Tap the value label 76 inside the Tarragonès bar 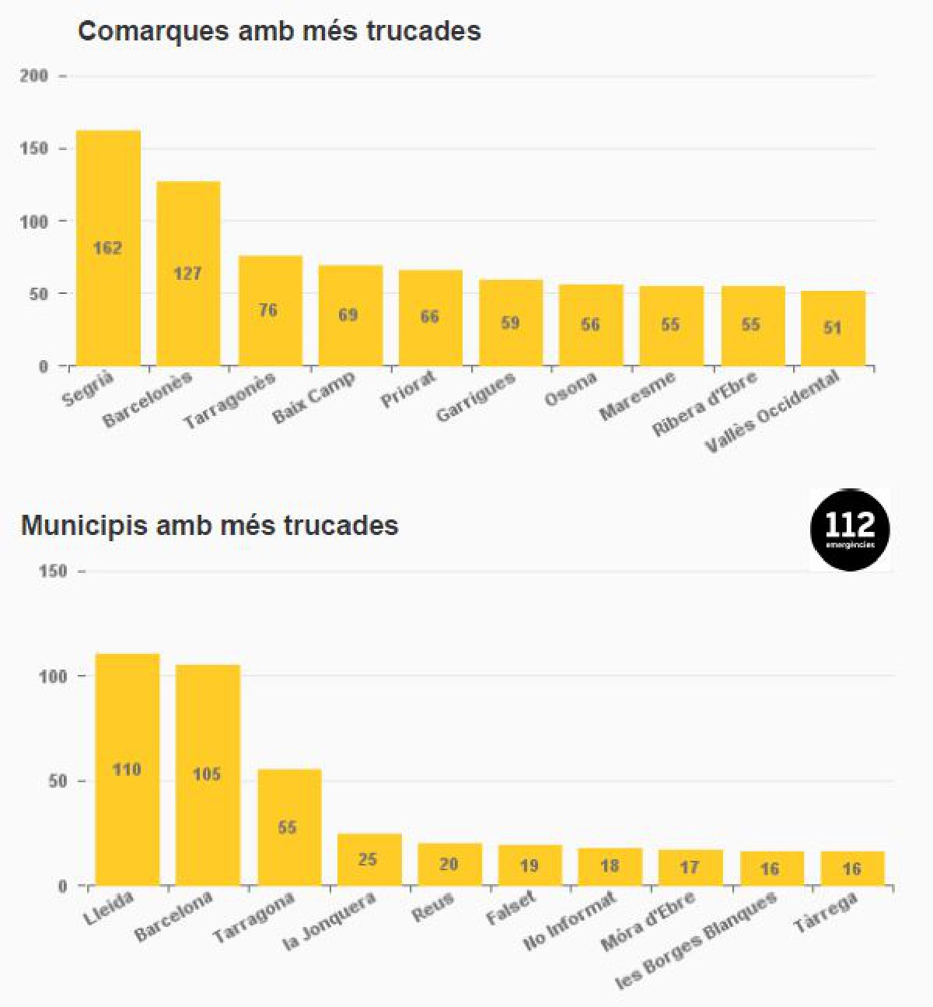point(268,310)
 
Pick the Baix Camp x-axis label point(313,397)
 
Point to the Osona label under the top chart point(571,389)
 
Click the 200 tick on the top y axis point(33,76)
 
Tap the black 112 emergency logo point(850,530)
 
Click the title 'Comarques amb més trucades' point(279,31)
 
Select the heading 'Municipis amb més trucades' point(209,525)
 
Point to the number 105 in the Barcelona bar point(207,774)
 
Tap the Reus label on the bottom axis point(432,909)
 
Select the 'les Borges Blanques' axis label point(696,941)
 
